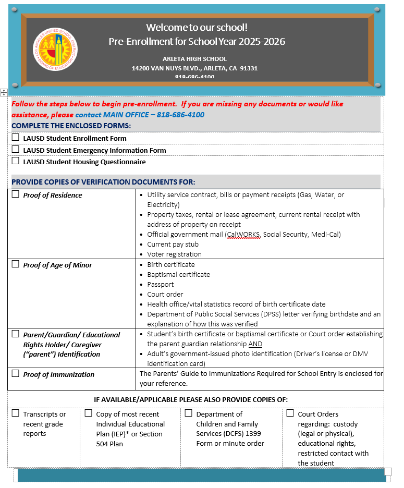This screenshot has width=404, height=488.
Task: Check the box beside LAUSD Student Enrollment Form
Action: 16,138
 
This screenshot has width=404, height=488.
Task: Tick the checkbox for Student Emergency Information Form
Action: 16,150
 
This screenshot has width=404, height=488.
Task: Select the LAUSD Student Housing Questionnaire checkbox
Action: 16,161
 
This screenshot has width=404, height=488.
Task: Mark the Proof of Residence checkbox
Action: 16,194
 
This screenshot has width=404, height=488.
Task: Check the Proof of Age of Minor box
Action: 16,264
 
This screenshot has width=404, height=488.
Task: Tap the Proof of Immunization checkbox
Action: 16,373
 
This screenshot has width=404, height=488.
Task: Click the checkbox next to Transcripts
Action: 16,413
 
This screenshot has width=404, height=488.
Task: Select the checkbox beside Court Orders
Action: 290,413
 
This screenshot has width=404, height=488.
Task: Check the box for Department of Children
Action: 189,413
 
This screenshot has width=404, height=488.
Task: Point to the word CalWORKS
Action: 243,235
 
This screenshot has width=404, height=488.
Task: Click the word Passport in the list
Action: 161,284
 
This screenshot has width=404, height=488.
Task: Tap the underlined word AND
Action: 255,344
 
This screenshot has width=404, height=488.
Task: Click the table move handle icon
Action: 4,92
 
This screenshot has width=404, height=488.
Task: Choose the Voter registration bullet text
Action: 174,254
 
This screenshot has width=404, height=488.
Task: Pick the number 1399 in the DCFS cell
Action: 252,434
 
